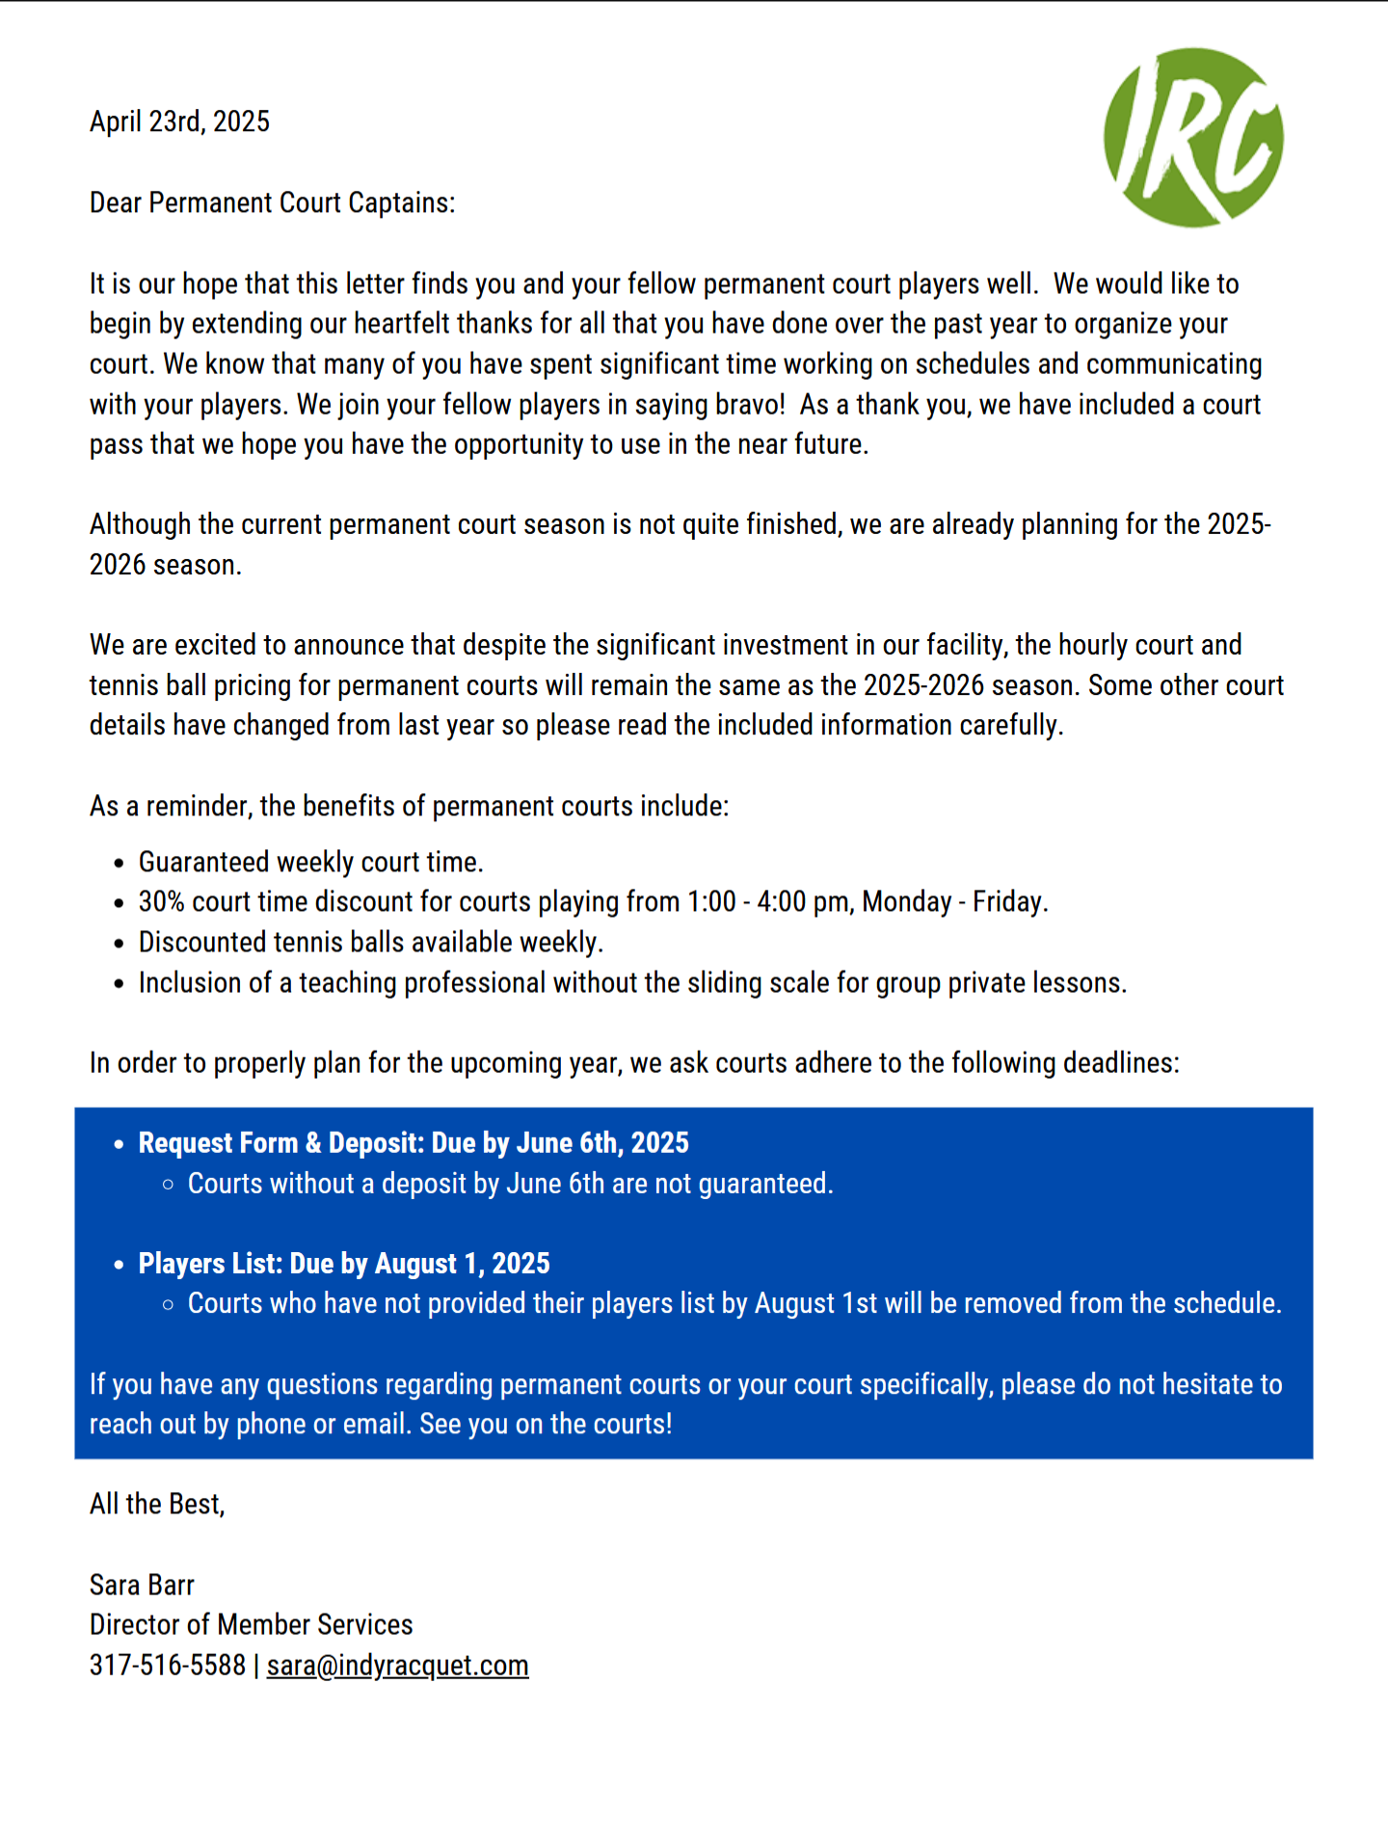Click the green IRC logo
(x=1193, y=137)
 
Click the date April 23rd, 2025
(x=179, y=121)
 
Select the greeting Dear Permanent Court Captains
(x=272, y=202)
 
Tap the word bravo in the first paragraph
(x=750, y=404)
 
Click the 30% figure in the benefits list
(x=161, y=901)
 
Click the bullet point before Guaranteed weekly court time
(x=119, y=864)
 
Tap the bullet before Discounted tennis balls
(x=119, y=944)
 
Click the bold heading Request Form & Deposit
(x=280, y=1143)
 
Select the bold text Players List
(x=210, y=1264)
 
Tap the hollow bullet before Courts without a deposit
(x=169, y=1185)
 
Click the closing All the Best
(x=157, y=1504)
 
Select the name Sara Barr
(x=142, y=1585)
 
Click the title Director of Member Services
(x=251, y=1625)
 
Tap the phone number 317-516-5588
(x=168, y=1666)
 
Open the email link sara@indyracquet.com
(x=397, y=1666)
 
